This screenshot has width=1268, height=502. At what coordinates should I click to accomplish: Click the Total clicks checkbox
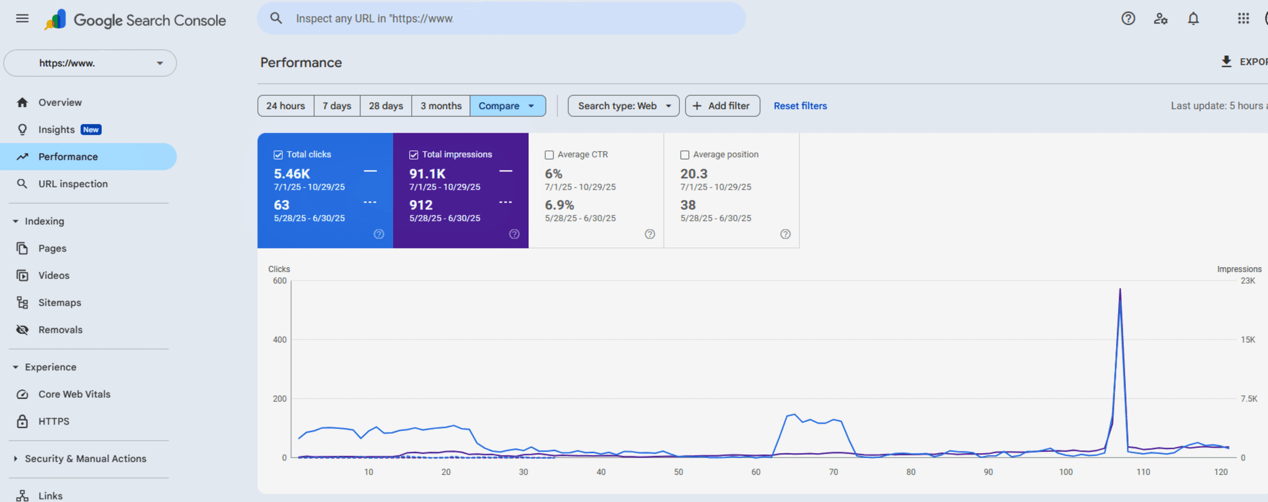tap(279, 155)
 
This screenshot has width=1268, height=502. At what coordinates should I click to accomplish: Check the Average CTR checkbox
tap(549, 155)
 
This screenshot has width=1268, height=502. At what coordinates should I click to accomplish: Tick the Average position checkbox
tap(685, 155)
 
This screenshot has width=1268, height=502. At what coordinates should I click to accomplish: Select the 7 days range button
tap(337, 106)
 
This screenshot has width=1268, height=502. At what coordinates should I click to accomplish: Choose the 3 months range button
tap(441, 106)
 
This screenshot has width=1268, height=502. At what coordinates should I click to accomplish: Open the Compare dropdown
tap(507, 106)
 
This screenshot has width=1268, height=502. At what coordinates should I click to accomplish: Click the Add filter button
tap(722, 106)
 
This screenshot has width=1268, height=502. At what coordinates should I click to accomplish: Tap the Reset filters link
tap(800, 106)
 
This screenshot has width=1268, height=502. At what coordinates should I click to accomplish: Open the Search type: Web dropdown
tap(623, 106)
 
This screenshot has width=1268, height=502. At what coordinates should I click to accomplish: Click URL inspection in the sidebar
tap(73, 184)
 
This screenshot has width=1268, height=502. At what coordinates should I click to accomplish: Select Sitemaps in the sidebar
tap(59, 302)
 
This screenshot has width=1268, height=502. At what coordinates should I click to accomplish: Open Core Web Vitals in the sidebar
tap(74, 394)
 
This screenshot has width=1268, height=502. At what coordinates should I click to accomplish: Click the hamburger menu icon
tap(22, 19)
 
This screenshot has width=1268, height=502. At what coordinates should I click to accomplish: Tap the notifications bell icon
tap(1193, 19)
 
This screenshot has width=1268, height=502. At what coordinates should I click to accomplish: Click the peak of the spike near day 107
tap(1120, 289)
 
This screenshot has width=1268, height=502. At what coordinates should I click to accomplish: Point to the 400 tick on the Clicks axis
tap(280, 340)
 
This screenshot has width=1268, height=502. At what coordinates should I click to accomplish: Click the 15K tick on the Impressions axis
tap(1248, 340)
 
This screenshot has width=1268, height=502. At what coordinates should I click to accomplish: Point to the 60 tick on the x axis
tap(756, 472)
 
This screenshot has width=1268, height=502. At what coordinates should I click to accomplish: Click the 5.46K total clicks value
tap(292, 174)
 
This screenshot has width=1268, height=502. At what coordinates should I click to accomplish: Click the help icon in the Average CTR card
tap(649, 234)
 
